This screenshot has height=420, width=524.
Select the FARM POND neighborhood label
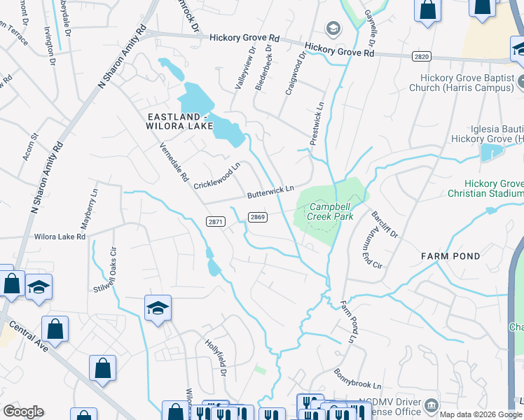(451, 256)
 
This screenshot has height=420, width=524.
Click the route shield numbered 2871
(216, 221)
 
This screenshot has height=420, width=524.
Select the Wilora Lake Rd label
(60, 237)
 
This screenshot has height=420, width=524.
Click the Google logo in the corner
(23, 412)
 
